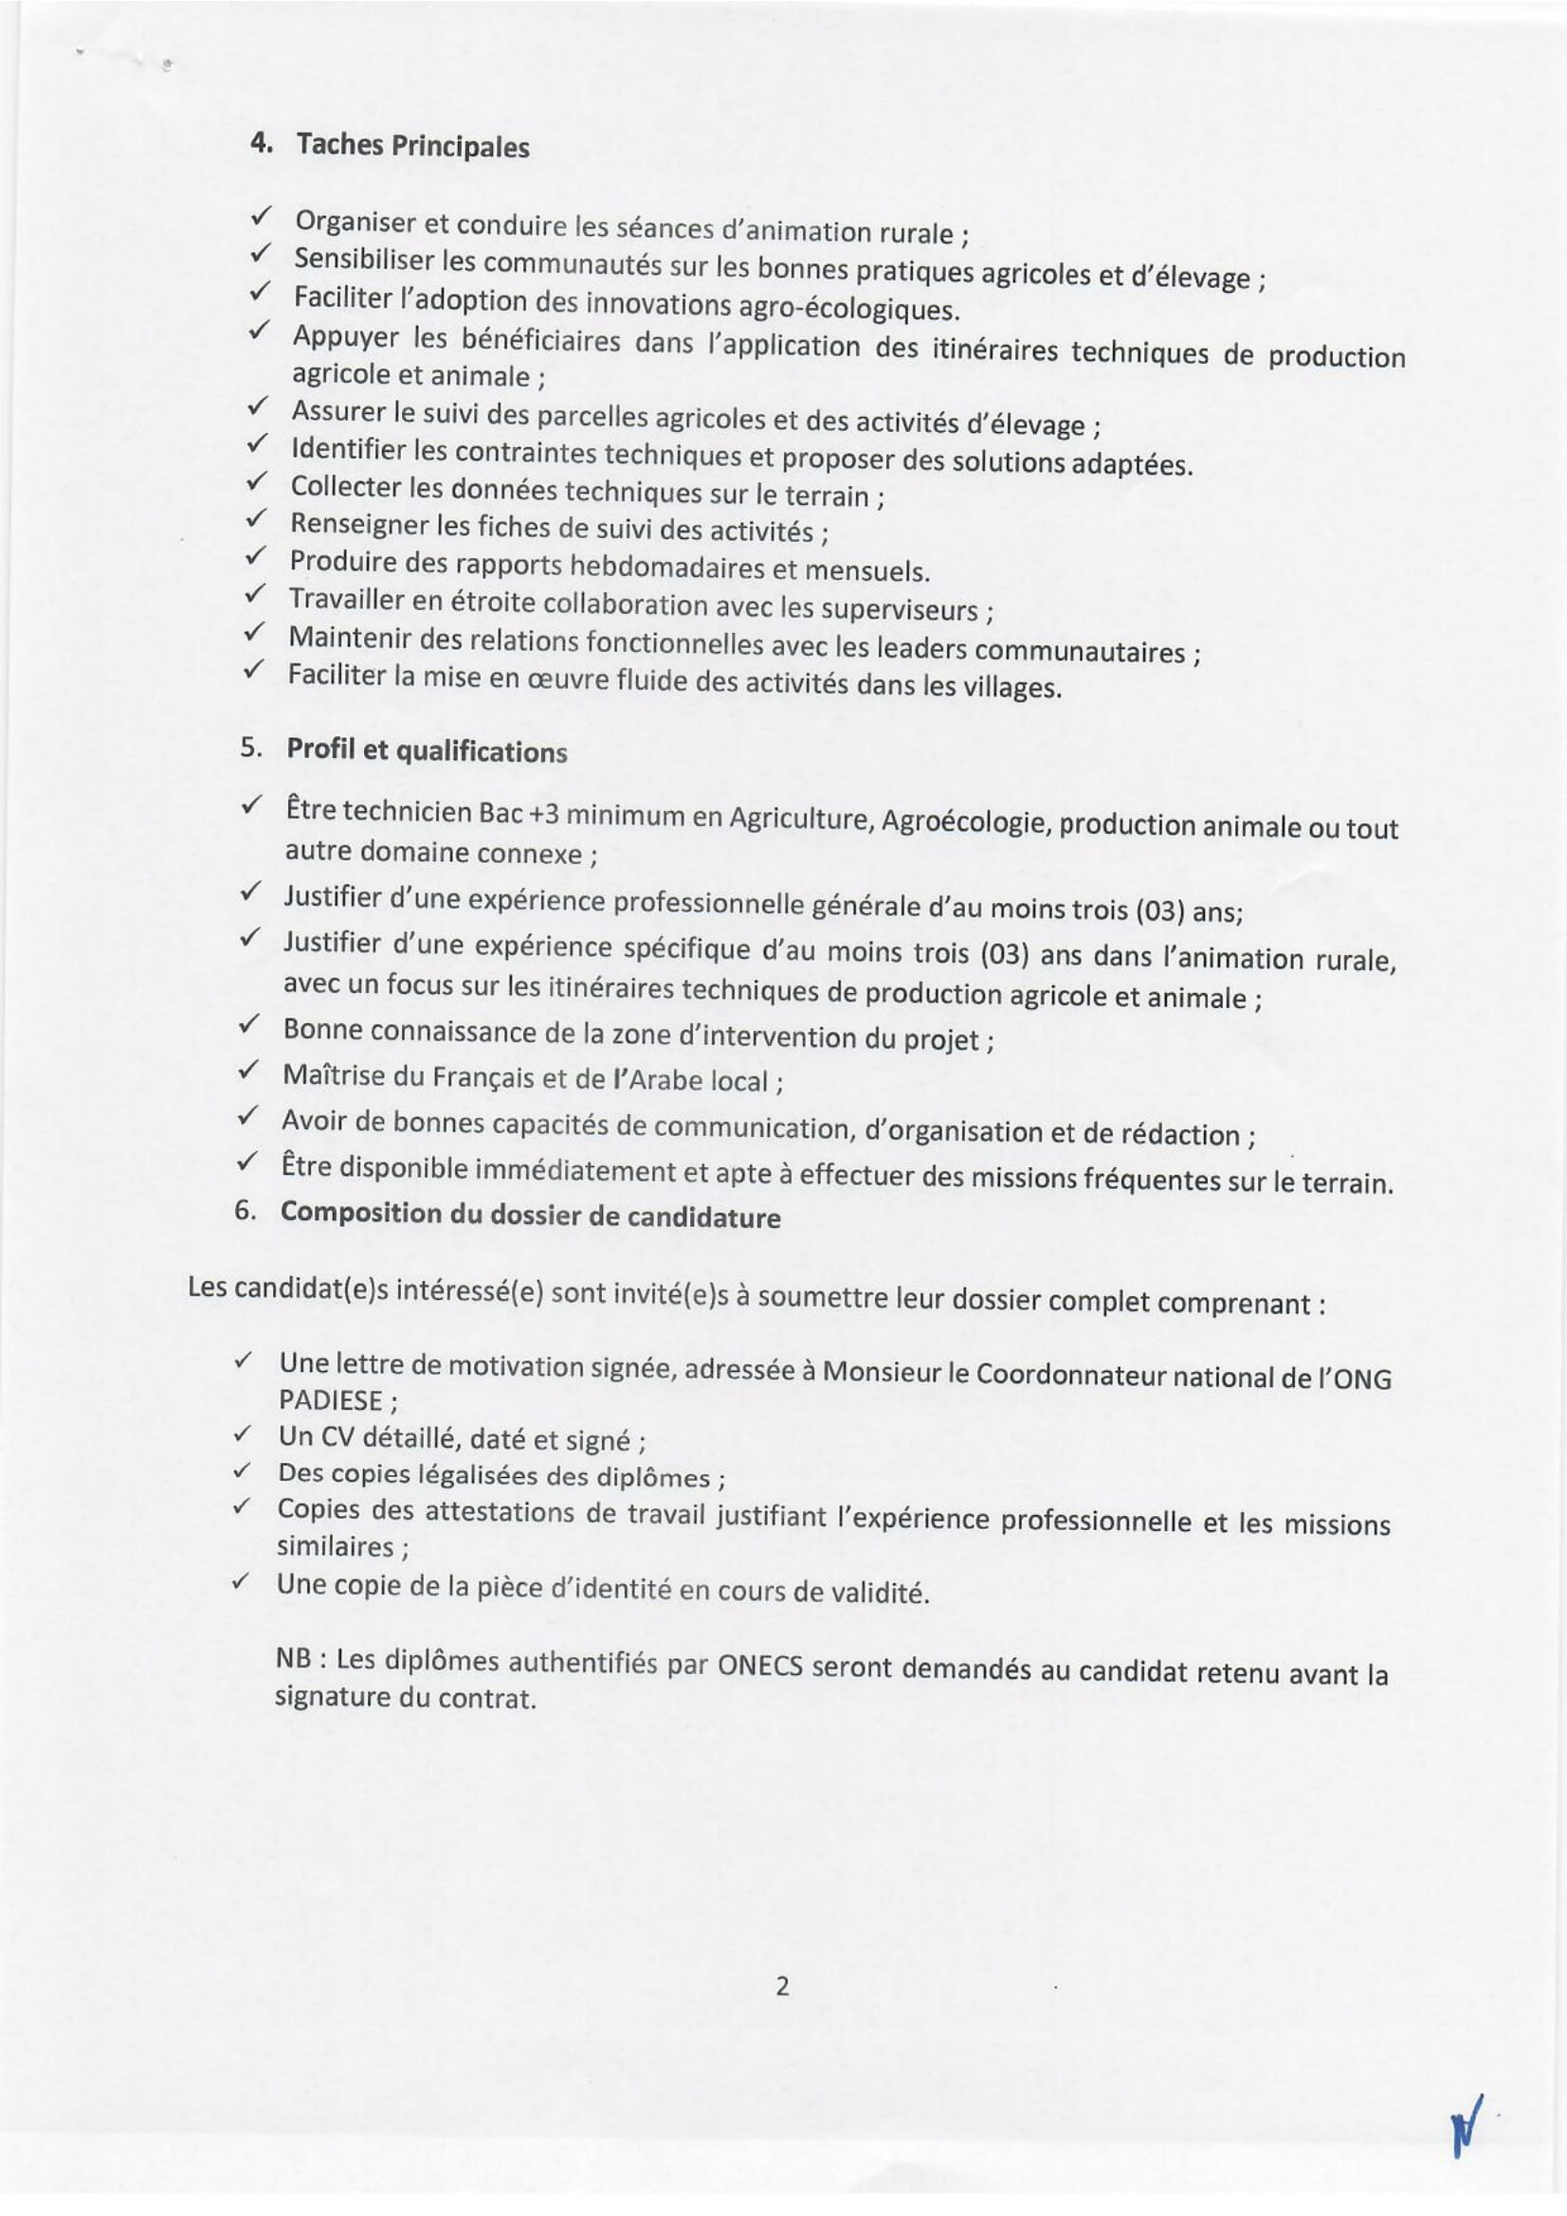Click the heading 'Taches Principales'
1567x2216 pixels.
click(x=412, y=147)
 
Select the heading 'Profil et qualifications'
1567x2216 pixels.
click(x=427, y=752)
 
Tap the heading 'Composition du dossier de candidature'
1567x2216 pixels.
click(x=530, y=1216)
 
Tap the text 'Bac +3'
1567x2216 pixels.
click(x=519, y=813)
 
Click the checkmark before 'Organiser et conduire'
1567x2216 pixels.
click(x=260, y=218)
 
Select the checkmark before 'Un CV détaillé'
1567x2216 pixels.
click(x=243, y=1435)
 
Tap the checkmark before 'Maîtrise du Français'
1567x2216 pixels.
click(x=249, y=1070)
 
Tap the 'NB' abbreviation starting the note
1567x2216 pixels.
click(x=292, y=1659)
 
